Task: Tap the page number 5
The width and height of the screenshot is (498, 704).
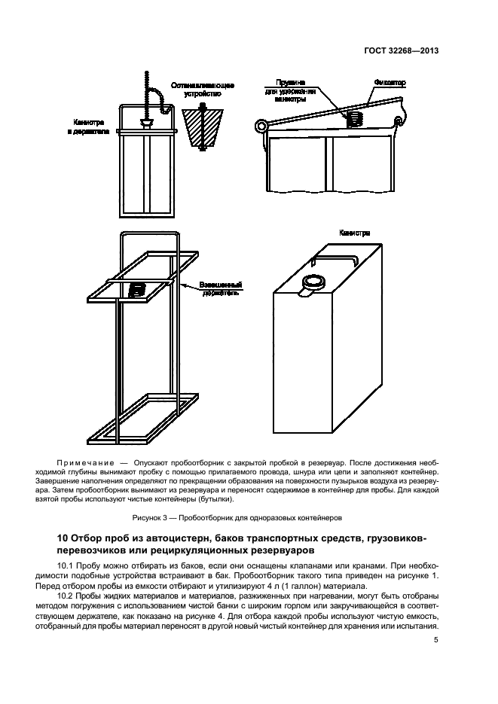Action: (x=436, y=641)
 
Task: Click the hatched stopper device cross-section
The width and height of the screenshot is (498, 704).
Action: (x=203, y=127)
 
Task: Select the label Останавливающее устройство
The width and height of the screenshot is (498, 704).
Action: (x=203, y=90)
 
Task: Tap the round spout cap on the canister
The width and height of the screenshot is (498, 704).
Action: (x=313, y=282)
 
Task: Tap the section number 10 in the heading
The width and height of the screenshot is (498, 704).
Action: (x=64, y=538)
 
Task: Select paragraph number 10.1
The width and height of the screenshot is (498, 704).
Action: (x=66, y=565)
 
